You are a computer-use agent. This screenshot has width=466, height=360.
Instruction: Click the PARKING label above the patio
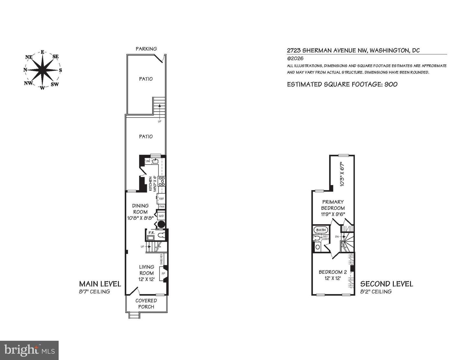pos(146,49)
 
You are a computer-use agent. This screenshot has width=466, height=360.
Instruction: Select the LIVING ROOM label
pos(147,270)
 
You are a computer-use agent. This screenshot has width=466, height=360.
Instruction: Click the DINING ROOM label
pos(140,209)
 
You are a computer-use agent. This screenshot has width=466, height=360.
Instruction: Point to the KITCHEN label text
pos(150,184)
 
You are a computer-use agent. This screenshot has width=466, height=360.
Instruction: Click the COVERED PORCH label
pos(146,304)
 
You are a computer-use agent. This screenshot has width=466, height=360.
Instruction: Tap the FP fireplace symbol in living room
pos(163,274)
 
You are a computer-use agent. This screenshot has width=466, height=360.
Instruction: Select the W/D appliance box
pos(161,216)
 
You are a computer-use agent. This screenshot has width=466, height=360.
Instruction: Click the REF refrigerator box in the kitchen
pos(161,199)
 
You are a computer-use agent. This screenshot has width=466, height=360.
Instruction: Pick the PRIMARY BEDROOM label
pos(333,205)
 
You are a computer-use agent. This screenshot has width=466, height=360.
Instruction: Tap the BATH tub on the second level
pos(321,230)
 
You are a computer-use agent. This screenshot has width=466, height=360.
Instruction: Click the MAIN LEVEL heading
pos(100,284)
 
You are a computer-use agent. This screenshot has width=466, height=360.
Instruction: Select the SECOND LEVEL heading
pos(387,284)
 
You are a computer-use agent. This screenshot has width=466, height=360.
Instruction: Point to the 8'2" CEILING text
pos(376,291)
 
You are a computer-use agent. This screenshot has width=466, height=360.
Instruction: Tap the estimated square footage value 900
pos(391,84)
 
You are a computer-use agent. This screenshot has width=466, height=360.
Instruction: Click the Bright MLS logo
pos(29,350)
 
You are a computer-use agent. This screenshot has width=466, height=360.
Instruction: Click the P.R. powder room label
pos(150,233)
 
